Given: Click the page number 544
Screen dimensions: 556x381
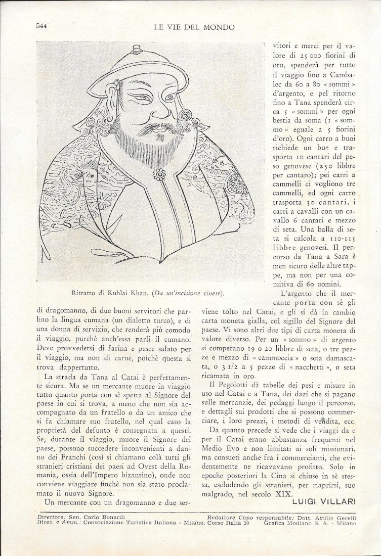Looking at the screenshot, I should [x=41, y=26].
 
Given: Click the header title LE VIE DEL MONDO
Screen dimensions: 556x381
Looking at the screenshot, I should [x=194, y=27].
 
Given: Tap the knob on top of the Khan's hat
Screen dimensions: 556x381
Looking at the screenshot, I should [x=136, y=50].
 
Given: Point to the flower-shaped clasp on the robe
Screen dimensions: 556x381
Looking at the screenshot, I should [x=160, y=174].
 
